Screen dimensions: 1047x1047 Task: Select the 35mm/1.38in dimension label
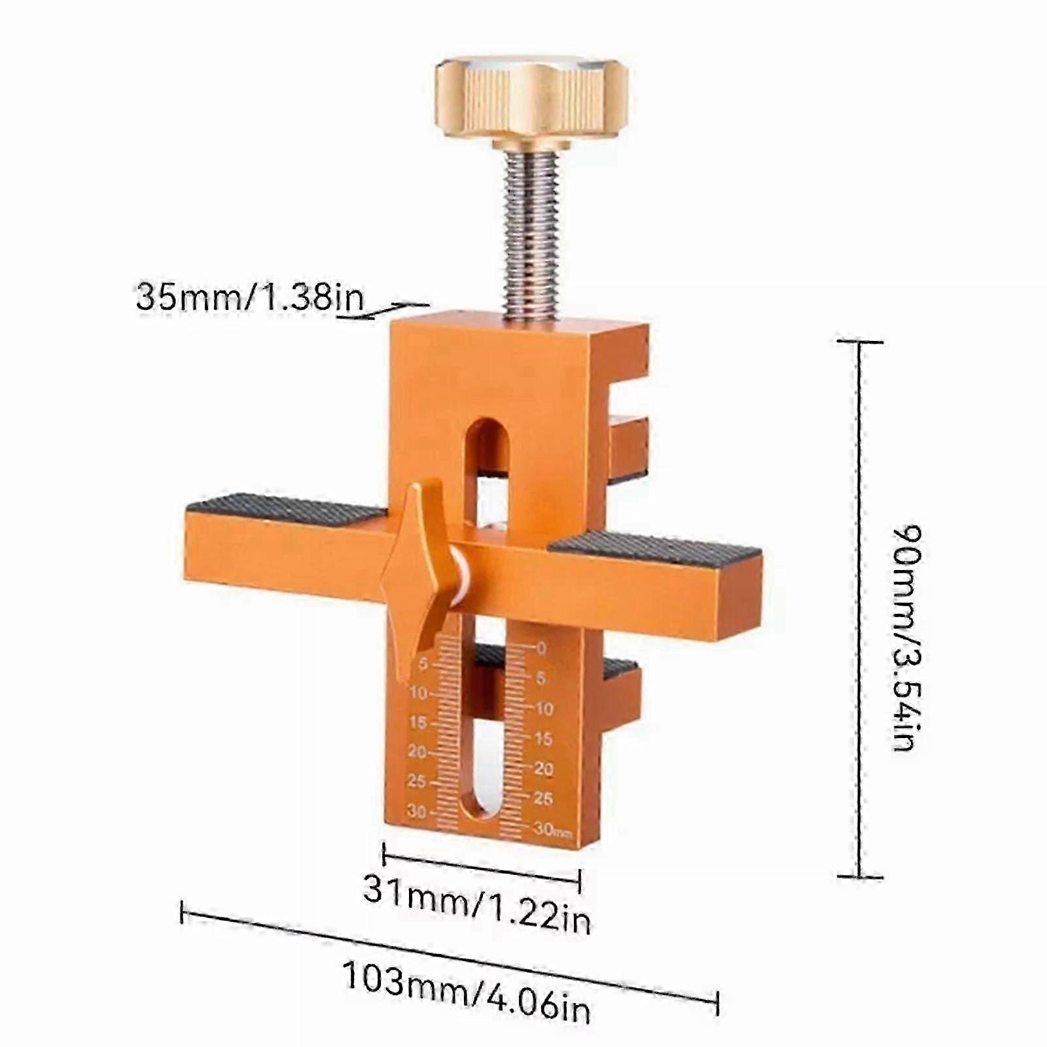[249, 297]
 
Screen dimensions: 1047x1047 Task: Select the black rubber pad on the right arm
[654, 548]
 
